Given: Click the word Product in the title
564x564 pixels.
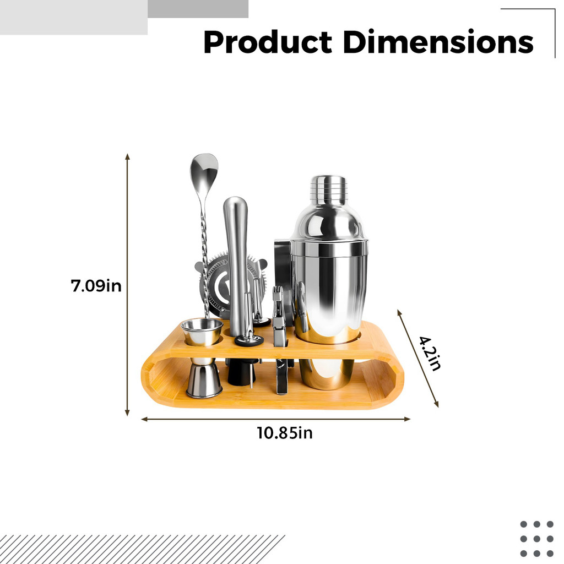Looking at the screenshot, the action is coord(268,42).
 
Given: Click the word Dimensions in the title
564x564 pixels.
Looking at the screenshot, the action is coord(438,42).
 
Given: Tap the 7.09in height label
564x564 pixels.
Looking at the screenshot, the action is coord(96,286).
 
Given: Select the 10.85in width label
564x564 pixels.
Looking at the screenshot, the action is coord(285,433).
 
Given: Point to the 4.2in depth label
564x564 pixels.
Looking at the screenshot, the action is coord(430,353).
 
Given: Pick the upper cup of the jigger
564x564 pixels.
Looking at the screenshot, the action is coord(202,332).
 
